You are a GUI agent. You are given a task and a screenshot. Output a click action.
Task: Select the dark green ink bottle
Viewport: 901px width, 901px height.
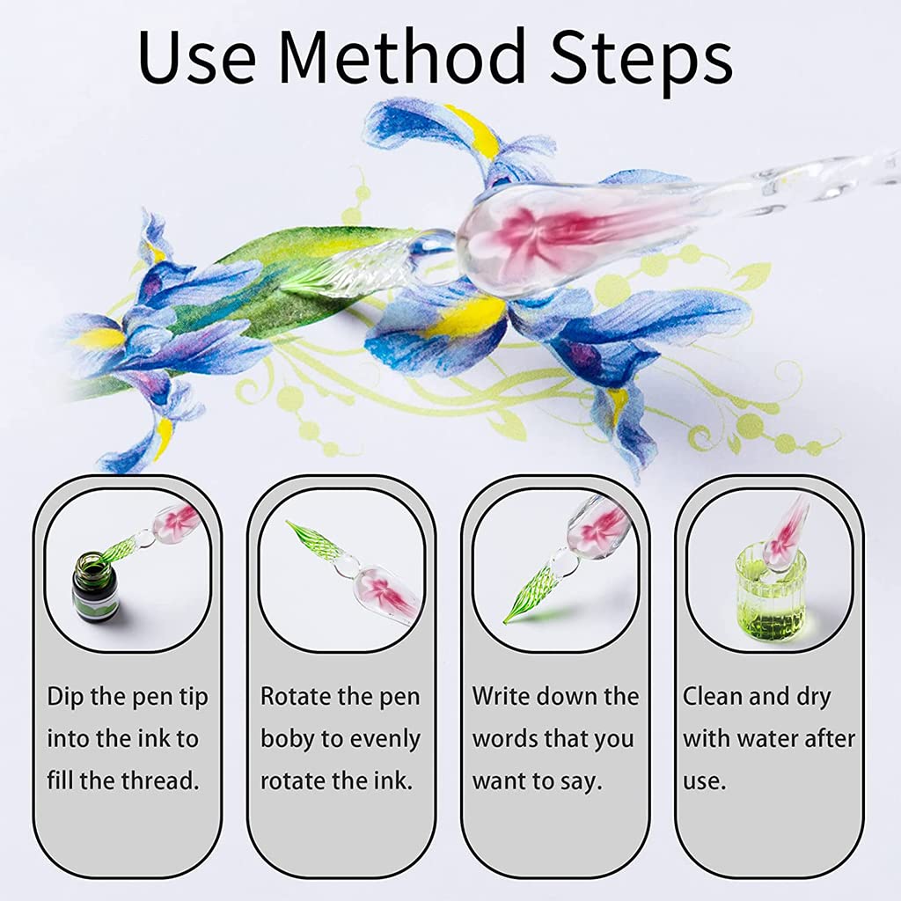tap(94, 587)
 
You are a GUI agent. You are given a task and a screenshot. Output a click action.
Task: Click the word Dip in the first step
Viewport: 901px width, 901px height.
tap(65, 697)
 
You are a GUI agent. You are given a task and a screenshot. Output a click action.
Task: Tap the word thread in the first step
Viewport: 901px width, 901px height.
tap(162, 781)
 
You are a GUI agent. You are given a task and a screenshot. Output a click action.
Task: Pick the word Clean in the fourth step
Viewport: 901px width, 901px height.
tap(713, 697)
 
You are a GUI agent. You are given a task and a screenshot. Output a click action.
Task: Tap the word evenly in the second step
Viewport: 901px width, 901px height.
tap(385, 739)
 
